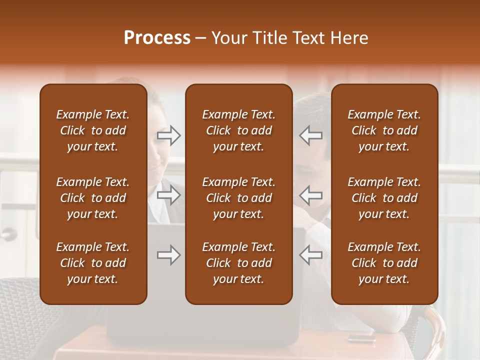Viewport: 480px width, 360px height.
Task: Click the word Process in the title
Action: coord(157,38)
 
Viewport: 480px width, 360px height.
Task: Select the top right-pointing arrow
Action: coord(169,135)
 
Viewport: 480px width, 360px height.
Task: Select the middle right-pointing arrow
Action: coord(169,195)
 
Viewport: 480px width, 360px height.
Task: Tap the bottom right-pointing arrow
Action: coord(169,255)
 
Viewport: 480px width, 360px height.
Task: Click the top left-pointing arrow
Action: coord(310,135)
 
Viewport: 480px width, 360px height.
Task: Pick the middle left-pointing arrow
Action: coord(310,195)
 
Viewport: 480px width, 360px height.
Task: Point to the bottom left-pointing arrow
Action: coord(310,255)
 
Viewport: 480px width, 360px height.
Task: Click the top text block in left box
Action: coord(93,130)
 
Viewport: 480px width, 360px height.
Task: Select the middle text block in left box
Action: coord(93,198)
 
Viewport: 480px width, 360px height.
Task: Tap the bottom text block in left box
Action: coord(93,263)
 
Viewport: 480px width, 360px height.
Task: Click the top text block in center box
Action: coord(238,130)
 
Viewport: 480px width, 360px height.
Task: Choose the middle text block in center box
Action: coord(238,198)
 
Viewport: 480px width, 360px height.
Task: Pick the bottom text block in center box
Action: coord(238,263)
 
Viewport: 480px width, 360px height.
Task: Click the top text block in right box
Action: coord(384,130)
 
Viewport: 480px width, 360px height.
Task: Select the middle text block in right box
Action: coord(384,198)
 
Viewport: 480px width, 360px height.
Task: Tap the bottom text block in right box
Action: coord(384,263)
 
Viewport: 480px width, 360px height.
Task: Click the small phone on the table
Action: coord(361,337)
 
